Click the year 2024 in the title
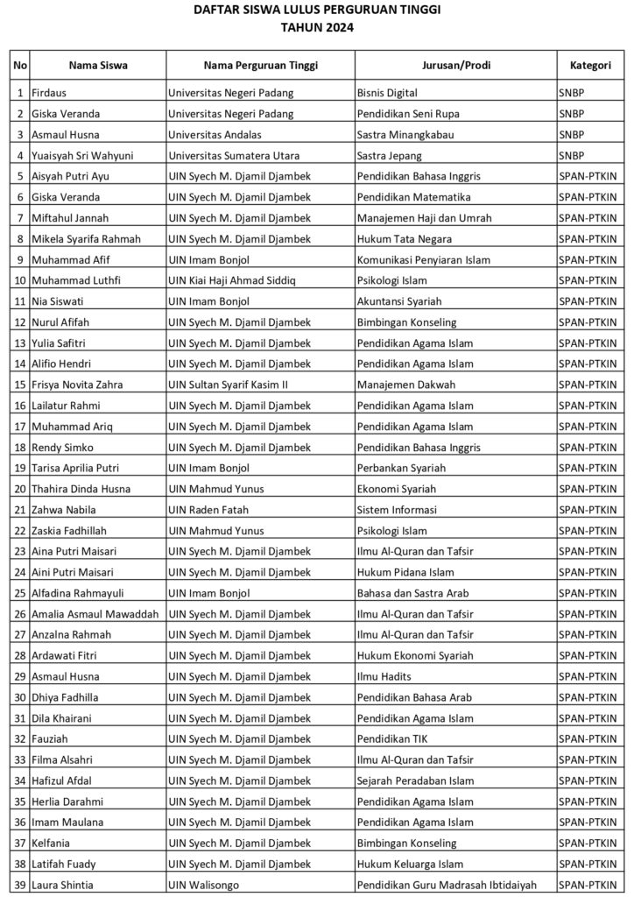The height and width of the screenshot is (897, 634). coord(338,26)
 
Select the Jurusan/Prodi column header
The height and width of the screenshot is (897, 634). coord(455,66)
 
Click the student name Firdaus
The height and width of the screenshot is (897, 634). coord(50,92)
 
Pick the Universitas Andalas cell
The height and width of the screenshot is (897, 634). coord(215,134)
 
